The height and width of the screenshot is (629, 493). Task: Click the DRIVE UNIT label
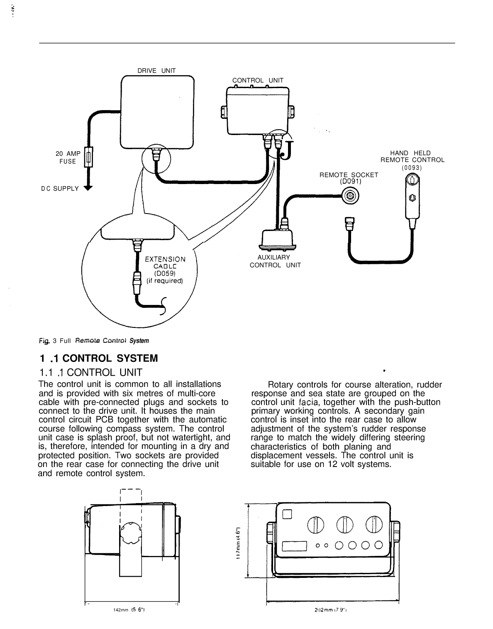click(x=156, y=71)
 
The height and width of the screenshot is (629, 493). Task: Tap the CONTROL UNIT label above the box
click(x=257, y=80)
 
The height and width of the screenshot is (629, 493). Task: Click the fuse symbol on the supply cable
click(x=88, y=157)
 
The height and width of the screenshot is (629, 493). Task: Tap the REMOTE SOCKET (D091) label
click(x=349, y=178)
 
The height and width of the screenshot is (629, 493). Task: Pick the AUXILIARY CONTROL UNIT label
click(x=275, y=261)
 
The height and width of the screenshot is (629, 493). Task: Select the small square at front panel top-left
click(x=287, y=514)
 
